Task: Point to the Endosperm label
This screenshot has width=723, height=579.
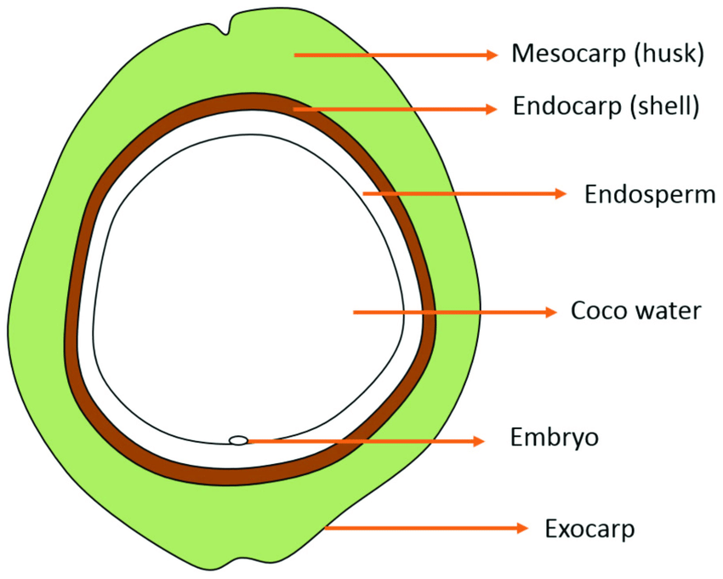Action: click(x=649, y=194)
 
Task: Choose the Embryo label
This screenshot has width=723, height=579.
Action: click(x=555, y=439)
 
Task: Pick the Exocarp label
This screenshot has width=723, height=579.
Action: click(x=589, y=529)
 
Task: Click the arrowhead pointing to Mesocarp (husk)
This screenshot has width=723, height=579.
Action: click(x=491, y=55)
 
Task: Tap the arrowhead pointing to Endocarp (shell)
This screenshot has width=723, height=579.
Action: click(x=491, y=109)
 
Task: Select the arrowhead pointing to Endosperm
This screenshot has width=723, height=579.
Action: click(x=561, y=194)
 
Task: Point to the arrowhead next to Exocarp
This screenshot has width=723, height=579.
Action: click(x=521, y=529)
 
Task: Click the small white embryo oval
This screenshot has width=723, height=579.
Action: click(x=239, y=440)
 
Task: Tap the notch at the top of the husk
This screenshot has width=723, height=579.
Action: click(x=227, y=31)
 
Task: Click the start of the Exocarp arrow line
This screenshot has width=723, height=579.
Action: click(x=327, y=529)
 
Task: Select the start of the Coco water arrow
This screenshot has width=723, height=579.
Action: click(x=355, y=312)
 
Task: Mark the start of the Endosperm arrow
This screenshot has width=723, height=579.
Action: click(x=364, y=194)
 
